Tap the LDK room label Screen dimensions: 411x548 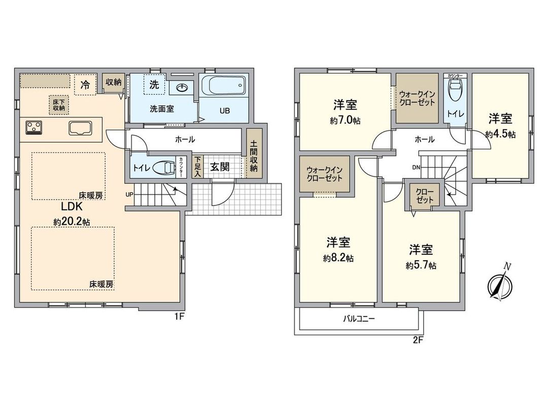click(72, 207)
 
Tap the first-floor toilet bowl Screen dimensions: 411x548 click(165, 167)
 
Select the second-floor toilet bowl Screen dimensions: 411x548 click(454, 95)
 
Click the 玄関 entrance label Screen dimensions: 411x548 click(220, 167)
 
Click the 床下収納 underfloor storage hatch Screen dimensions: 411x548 click(59, 104)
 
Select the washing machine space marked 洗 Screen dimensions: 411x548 click(154, 85)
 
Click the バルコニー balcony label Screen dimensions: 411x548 click(359, 320)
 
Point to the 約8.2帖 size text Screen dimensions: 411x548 click(338, 258)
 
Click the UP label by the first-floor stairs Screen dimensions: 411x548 click(130, 194)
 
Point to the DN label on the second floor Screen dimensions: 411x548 click(416, 167)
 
